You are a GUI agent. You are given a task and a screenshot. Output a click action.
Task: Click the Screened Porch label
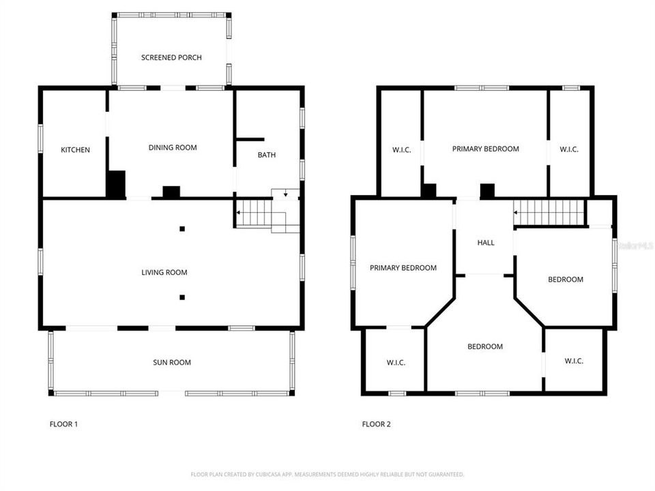(x=171, y=57)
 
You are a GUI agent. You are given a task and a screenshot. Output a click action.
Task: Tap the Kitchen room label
(x=75, y=150)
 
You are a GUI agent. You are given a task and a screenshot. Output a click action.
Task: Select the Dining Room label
(x=173, y=147)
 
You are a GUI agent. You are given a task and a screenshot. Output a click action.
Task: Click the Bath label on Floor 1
(x=267, y=155)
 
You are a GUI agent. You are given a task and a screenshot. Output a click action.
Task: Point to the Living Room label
(x=164, y=273)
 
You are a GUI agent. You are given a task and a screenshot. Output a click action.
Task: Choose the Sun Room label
(x=171, y=362)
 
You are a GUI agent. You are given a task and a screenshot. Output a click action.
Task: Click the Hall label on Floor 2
(x=486, y=243)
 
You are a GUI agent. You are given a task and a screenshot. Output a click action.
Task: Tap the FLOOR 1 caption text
(x=63, y=424)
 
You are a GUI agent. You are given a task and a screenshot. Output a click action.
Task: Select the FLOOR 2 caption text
(x=376, y=424)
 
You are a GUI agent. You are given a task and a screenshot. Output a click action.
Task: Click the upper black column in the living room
(x=182, y=229)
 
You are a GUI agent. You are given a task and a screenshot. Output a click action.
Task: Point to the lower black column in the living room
(x=182, y=297)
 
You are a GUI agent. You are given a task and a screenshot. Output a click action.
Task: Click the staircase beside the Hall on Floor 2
(x=550, y=212)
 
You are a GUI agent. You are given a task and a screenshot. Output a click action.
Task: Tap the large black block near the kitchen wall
(x=116, y=184)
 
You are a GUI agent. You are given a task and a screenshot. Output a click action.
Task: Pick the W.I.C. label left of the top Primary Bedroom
(x=401, y=150)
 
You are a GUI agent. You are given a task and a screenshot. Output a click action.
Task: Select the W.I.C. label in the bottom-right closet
(x=574, y=361)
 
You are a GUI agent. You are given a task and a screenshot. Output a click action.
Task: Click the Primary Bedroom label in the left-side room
(x=403, y=268)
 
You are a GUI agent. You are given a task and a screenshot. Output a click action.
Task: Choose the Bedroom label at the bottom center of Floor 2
(x=485, y=346)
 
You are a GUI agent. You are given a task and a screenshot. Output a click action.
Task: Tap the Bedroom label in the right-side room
(x=566, y=280)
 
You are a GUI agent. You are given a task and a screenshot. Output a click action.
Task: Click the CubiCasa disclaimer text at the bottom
(x=327, y=474)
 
